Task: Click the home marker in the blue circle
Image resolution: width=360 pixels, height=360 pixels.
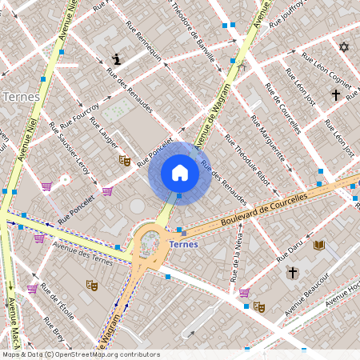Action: (x=179, y=173)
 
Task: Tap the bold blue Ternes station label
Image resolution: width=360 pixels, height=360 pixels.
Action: (x=184, y=244)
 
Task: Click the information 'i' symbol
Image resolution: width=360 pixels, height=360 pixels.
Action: (x=118, y=59)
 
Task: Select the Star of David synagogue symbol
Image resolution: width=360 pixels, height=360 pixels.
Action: (x=344, y=47)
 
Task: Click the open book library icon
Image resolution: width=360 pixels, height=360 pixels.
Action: (x=318, y=244)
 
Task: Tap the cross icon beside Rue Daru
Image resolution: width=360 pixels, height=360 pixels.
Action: (x=293, y=273)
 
